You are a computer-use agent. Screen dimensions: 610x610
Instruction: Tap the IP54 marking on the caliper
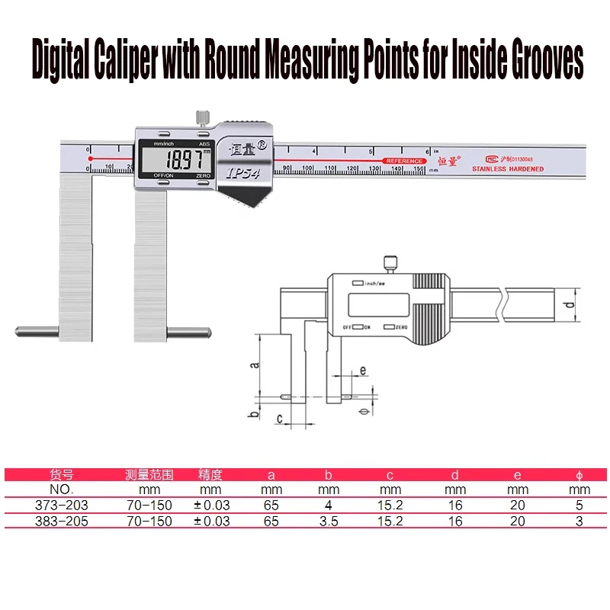pyautogui.click(x=242, y=172)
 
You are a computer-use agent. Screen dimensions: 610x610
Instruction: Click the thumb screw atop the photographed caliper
pyautogui.click(x=202, y=118)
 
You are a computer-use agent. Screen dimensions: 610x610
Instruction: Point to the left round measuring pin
pyautogui.click(x=36, y=332)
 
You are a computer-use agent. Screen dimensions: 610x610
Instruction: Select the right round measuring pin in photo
pyautogui.click(x=190, y=332)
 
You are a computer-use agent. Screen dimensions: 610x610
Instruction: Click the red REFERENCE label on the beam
pyautogui.click(x=404, y=161)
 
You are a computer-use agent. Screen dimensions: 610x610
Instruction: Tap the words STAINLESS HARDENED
pyautogui.click(x=507, y=169)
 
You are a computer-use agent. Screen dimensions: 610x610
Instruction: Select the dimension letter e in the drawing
pyautogui.click(x=363, y=370)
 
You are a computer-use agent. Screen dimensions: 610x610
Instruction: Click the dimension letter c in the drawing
pyautogui.click(x=280, y=419)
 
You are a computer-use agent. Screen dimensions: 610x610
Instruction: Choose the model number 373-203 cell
pyautogui.click(x=60, y=505)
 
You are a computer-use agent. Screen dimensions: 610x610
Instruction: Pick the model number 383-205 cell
pyautogui.click(x=60, y=521)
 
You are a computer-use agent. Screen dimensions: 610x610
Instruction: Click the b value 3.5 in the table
pyautogui.click(x=328, y=521)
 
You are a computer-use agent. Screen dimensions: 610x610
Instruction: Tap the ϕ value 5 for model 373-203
pyautogui.click(x=579, y=505)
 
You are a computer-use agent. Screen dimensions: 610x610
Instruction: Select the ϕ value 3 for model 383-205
pyautogui.click(x=579, y=521)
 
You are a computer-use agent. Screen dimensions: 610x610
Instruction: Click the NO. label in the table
pyautogui.click(x=60, y=489)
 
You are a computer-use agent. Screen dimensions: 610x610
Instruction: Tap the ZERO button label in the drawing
pyautogui.click(x=400, y=326)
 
